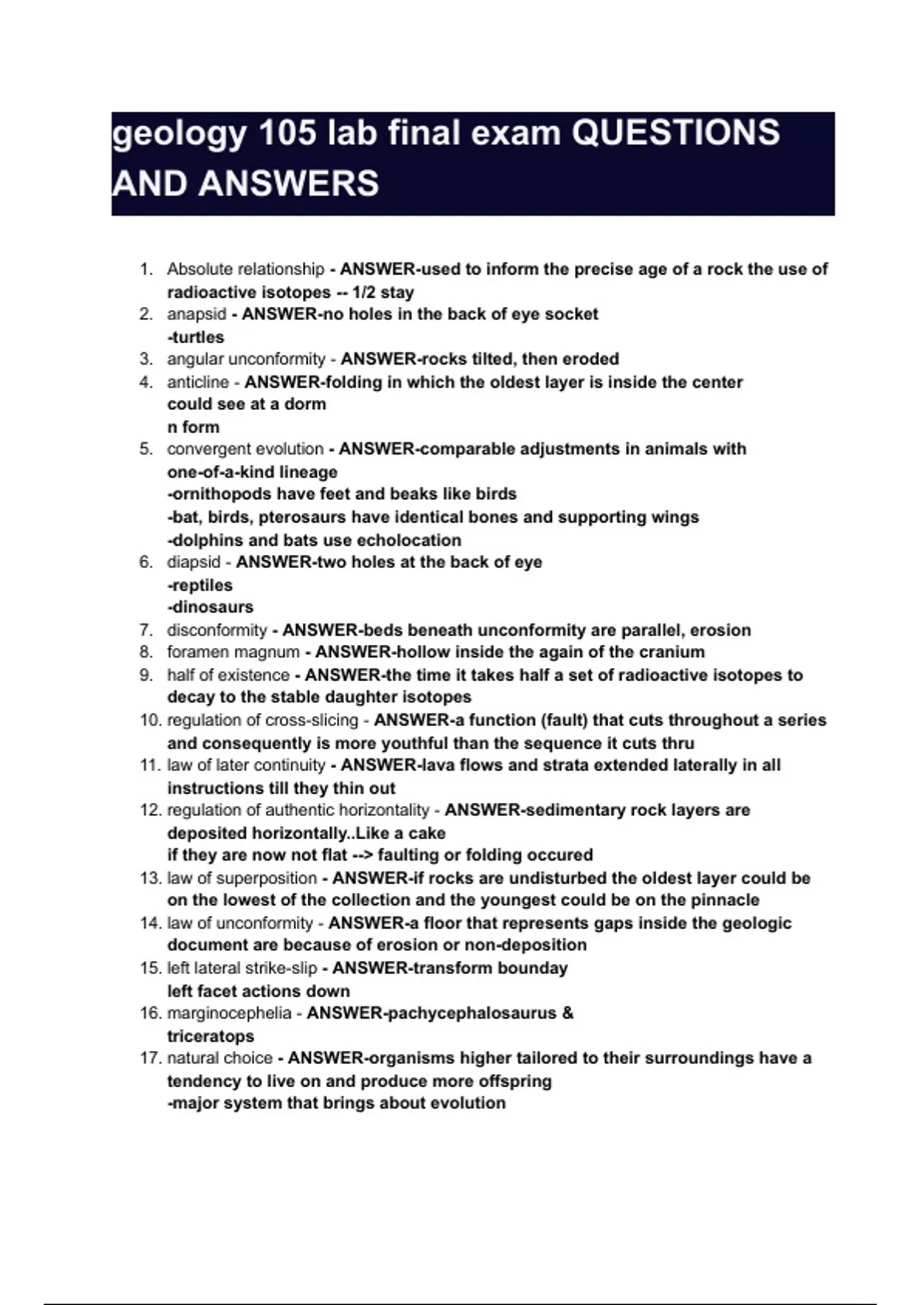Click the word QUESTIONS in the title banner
click(x=676, y=134)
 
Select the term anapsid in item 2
click(x=196, y=314)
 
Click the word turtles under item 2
click(x=197, y=337)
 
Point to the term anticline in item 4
click(x=198, y=382)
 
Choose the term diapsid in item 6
click(x=193, y=562)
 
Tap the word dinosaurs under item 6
click(x=212, y=607)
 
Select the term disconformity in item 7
click(x=216, y=630)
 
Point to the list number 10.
click(x=150, y=721)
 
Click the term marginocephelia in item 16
click(x=229, y=1013)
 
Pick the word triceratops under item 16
click(x=210, y=1036)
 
